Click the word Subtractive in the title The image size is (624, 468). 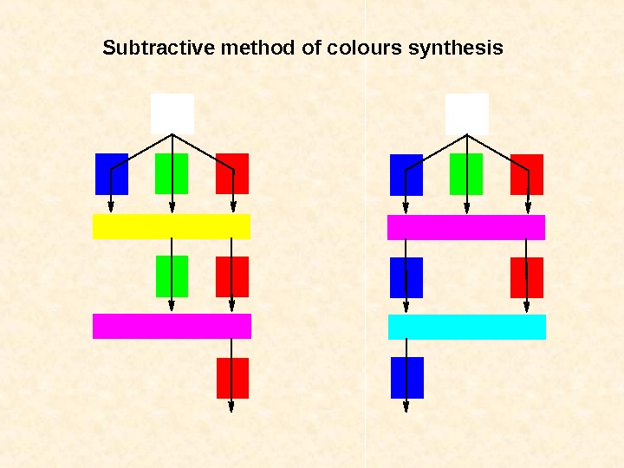[x=159, y=48]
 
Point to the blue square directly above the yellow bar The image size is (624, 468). [x=112, y=174]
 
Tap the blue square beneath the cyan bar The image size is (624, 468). [x=407, y=377]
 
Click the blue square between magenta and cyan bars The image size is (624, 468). [x=406, y=277]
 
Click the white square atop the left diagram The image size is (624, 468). [x=172, y=114]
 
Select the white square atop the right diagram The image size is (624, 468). [x=467, y=114]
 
